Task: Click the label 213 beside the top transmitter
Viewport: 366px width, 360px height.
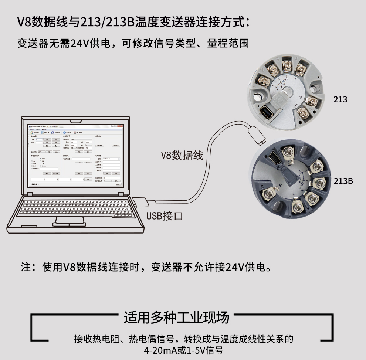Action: coord(340,99)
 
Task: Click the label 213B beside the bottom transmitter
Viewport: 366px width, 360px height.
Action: coord(343,181)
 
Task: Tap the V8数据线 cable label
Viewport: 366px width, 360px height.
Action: coord(182,155)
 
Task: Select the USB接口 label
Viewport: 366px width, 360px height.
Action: coord(165,216)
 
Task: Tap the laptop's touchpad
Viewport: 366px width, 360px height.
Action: coord(69,221)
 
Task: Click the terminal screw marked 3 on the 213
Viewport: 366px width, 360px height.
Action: coord(287,66)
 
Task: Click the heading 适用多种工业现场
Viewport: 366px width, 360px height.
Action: coord(176,317)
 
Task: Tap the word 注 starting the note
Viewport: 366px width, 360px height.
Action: coord(26,267)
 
